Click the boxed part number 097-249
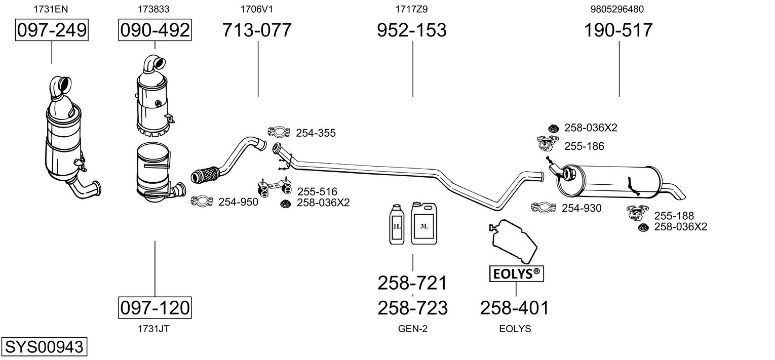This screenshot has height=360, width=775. pyautogui.click(x=52, y=30)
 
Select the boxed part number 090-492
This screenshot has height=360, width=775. pyautogui.click(x=155, y=30)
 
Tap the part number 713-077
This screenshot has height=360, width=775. pyautogui.click(x=257, y=30)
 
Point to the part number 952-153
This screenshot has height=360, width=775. pyautogui.click(x=412, y=30)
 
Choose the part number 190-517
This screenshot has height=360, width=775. pyautogui.click(x=618, y=30)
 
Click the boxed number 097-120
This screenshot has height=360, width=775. pyautogui.click(x=155, y=307)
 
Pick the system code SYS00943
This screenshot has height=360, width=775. pyautogui.click(x=44, y=346)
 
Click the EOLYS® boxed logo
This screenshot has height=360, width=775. pyautogui.click(x=516, y=273)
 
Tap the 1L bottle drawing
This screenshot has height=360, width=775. pyautogui.click(x=397, y=224)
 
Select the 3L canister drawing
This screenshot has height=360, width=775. pyautogui.click(x=424, y=224)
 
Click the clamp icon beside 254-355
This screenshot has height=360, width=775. pyautogui.click(x=279, y=132)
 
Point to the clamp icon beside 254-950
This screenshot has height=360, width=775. pyautogui.click(x=202, y=201)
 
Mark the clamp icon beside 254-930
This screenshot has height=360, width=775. pyautogui.click(x=544, y=207)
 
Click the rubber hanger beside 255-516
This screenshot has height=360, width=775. pyautogui.click(x=275, y=187)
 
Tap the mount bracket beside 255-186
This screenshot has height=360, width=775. pyautogui.click(x=548, y=143)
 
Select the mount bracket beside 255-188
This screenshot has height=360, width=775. pyautogui.click(x=637, y=212)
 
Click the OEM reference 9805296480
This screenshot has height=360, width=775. pyautogui.click(x=617, y=9)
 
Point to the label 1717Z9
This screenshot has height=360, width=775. pyautogui.click(x=412, y=9)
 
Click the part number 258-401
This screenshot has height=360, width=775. pyautogui.click(x=515, y=308)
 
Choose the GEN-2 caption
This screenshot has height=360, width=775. pyautogui.click(x=413, y=329)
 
